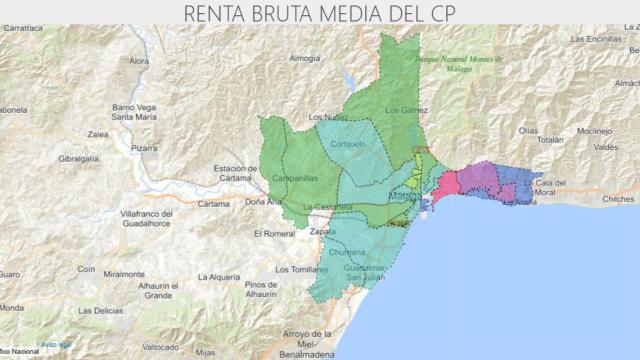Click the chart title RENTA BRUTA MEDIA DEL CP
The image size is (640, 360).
320,13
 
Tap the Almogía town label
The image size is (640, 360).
304,59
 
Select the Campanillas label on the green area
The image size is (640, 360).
295,177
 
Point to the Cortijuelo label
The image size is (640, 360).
348,143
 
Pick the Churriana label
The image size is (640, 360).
347,253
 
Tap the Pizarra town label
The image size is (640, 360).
144,147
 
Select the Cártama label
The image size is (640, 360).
213,203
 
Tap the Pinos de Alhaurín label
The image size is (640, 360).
260,291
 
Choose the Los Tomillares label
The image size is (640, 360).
302,269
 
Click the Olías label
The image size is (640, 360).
529,130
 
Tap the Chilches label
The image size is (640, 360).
618,199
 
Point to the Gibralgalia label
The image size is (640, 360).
79,159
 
